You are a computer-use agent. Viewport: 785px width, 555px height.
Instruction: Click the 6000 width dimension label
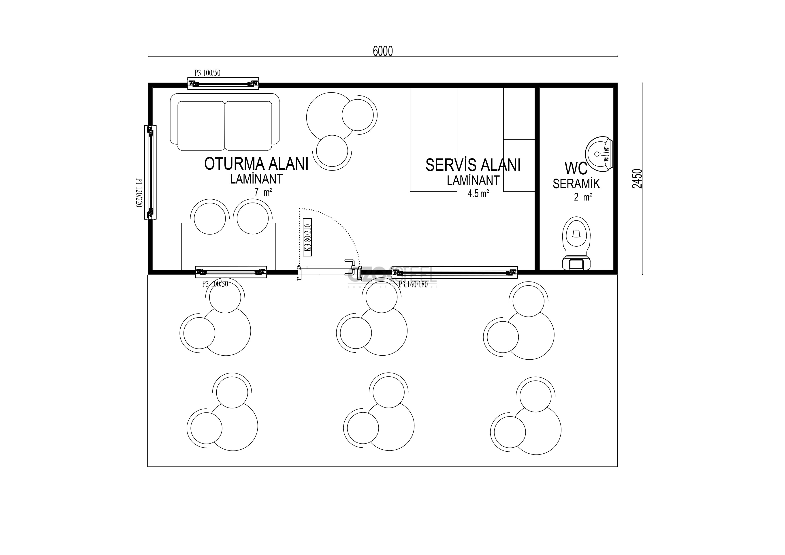(383, 51)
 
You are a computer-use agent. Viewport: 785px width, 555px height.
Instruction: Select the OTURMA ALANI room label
(256, 164)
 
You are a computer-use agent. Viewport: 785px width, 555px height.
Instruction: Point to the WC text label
(576, 168)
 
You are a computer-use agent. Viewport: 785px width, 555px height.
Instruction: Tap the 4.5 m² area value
(478, 194)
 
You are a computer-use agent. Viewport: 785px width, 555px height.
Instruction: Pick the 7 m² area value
(263, 192)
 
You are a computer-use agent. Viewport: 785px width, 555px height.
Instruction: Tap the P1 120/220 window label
(139, 192)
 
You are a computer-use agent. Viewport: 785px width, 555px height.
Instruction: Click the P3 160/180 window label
(413, 284)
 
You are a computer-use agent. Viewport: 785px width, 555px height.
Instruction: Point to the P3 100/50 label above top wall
(207, 73)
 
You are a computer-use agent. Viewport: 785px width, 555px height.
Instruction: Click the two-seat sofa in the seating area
(225, 122)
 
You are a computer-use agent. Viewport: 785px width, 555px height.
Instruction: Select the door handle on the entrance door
(350, 262)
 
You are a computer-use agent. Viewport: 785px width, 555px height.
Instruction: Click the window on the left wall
(150, 172)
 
